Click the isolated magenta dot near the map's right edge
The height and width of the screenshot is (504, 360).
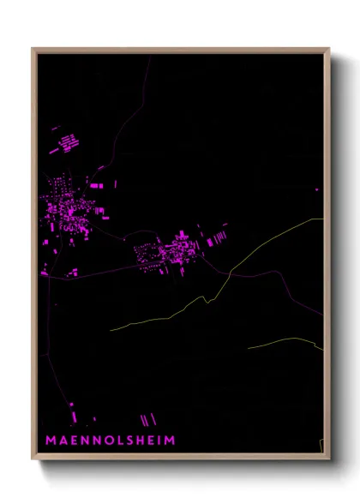316,189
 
